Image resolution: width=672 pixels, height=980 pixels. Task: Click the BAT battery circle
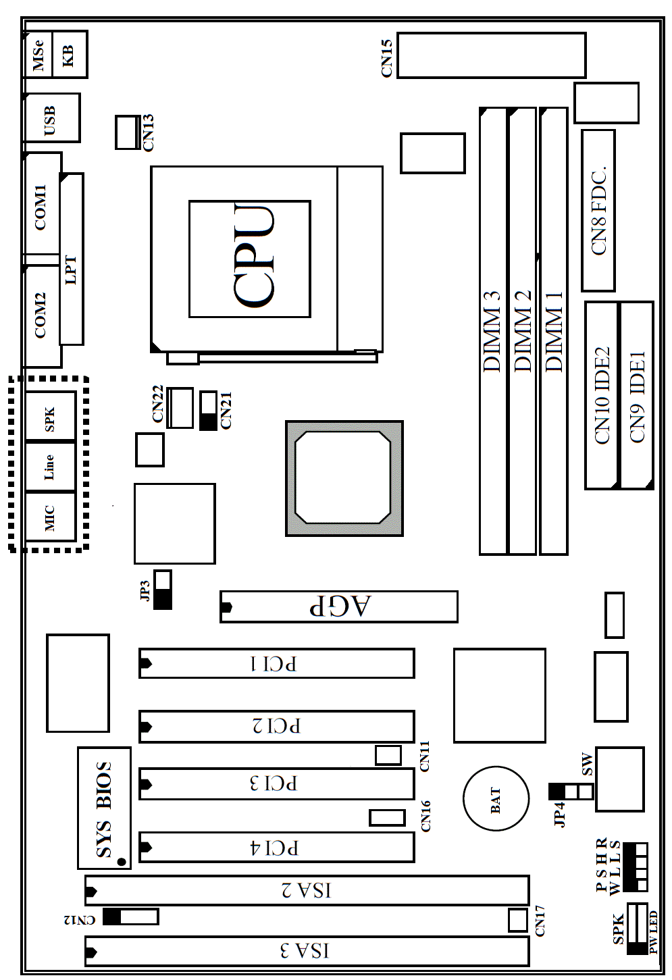point(496,799)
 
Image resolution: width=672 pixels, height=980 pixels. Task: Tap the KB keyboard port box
point(70,55)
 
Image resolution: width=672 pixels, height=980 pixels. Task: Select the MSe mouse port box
point(38,55)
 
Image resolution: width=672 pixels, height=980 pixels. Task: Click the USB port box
point(51,118)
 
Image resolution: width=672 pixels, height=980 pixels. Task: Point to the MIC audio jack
point(50,517)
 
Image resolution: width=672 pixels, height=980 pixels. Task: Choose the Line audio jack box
point(50,467)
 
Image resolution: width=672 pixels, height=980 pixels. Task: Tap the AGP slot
point(339,607)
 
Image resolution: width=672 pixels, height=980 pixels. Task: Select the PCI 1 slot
point(277,663)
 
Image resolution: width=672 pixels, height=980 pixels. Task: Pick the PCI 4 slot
point(277,848)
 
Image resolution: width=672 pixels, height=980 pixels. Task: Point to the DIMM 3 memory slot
point(493,331)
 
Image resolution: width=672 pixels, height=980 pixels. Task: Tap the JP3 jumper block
point(163,590)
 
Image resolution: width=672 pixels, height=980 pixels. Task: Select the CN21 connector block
point(208,411)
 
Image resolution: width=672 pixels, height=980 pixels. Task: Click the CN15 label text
point(387,58)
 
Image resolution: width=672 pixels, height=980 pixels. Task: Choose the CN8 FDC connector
point(598,211)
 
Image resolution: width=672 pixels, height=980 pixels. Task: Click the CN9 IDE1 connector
point(637,395)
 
